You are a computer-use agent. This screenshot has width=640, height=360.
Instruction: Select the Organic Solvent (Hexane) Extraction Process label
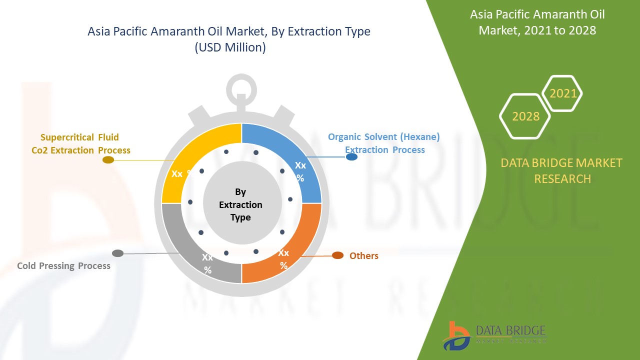point(384,143)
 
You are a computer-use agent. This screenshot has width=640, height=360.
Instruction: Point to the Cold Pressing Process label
point(63,266)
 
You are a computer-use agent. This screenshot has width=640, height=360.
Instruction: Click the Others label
point(363,256)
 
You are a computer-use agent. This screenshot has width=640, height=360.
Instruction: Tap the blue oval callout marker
point(351,157)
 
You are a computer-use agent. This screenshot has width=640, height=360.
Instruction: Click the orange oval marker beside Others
point(338,255)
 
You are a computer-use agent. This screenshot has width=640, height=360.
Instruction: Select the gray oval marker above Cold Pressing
point(117,253)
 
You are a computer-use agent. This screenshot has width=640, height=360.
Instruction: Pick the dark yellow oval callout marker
point(108,160)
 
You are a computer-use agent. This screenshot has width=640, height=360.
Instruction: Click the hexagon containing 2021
point(562,93)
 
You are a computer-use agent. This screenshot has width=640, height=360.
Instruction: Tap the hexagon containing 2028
point(525,116)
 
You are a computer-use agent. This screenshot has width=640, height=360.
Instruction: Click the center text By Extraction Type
point(240,204)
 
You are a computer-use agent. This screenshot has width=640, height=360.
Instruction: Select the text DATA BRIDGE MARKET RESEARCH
point(562,170)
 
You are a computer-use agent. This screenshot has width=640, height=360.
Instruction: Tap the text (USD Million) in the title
point(229,47)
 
